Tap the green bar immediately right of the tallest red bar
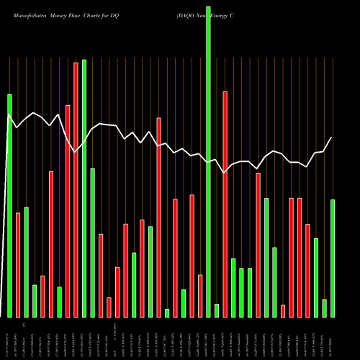pos(84,188)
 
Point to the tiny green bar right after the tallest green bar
pos(217,310)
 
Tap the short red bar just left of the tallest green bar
pos(200,295)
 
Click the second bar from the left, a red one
pos(18,264)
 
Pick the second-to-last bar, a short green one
pos(325,308)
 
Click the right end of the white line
pos(332,137)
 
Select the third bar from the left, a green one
pos(26,261)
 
